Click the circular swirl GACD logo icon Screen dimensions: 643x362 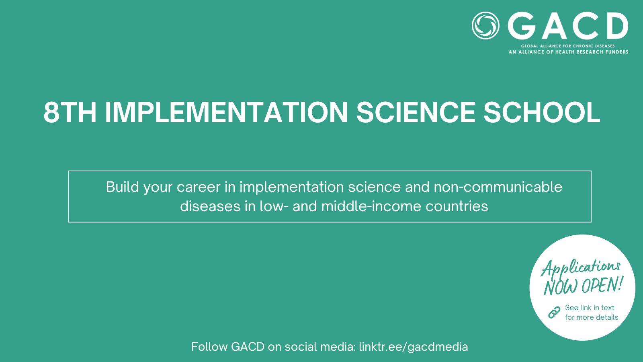485,25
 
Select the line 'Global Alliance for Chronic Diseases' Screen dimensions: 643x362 568,46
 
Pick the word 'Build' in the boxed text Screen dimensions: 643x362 123,187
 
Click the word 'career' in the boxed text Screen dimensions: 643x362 199,187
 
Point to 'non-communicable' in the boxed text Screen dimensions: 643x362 498,187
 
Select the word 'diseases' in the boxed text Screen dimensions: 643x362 210,206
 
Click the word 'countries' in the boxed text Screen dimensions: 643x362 457,206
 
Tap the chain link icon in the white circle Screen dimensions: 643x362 554,312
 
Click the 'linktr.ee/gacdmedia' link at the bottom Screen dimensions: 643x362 414,347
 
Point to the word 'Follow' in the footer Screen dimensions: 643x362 209,346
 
